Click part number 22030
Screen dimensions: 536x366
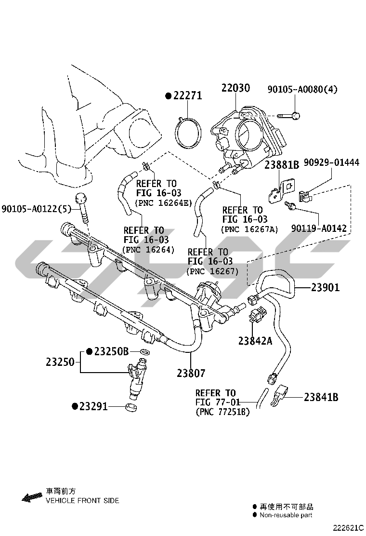235,88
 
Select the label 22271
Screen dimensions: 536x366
187,96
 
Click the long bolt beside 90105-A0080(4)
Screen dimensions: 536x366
288,116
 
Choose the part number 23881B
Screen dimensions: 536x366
282,164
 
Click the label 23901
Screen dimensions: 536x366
325,288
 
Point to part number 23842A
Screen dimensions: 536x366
255,341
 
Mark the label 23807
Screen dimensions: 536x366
191,373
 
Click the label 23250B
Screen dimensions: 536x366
111,352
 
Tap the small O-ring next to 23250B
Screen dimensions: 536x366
143,352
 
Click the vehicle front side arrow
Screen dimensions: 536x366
32,496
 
